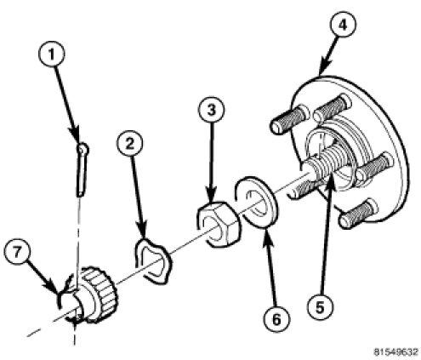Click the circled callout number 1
point(51,54)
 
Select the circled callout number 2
point(129,144)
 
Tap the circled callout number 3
point(212,110)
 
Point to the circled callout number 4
point(343,25)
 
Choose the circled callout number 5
point(320,307)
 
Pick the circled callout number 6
point(276,320)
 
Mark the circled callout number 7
point(17,252)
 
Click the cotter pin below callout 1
point(82,169)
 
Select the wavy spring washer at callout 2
point(152,261)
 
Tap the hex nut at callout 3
point(219,223)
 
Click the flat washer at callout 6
point(257,202)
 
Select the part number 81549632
point(395,352)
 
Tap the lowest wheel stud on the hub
point(358,214)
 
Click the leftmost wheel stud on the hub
point(289,119)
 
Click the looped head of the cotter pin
point(83,149)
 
